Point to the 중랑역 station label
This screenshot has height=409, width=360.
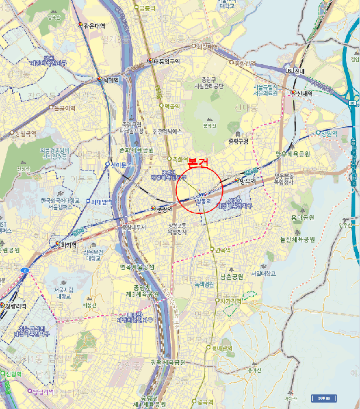[164, 209]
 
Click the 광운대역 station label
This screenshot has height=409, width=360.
[94, 26]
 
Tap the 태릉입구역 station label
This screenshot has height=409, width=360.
[167, 61]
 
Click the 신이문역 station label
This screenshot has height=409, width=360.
[123, 164]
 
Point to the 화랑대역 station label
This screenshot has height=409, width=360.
[207, 46]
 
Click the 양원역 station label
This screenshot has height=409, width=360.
[330, 133]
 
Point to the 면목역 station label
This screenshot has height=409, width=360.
[224, 250]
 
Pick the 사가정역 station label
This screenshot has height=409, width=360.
[231, 300]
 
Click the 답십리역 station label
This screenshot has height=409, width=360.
[42, 391]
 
